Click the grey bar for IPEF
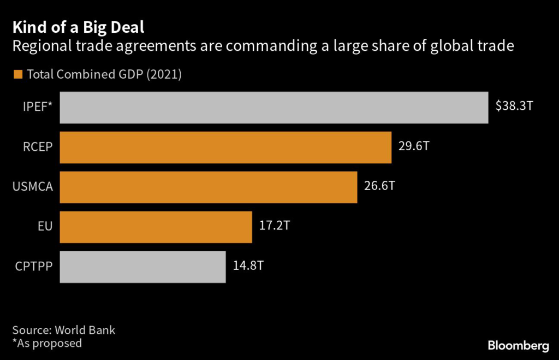273,107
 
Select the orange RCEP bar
225,147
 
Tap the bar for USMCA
209,187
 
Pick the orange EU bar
156,227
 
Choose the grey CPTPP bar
142,267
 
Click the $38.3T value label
514,106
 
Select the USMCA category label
33,187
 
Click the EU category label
45,227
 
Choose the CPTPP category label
33,267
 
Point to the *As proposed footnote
47,343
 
